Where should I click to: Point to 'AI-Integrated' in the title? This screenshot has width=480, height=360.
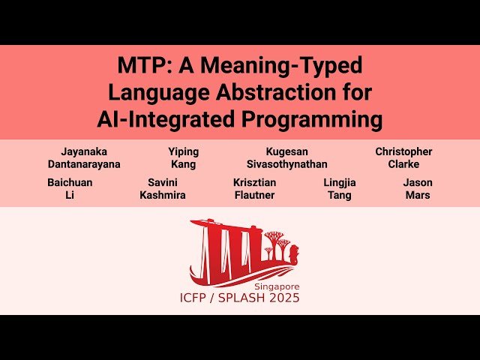[157, 119]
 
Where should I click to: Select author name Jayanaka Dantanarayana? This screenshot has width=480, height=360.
[84, 157]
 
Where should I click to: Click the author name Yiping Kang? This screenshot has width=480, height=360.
[184, 157]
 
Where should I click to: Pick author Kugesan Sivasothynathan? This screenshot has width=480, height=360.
[286, 157]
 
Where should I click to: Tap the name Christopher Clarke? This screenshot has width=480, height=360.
[403, 157]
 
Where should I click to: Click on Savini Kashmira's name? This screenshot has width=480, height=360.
[163, 189]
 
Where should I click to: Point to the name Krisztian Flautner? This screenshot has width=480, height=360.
[253, 189]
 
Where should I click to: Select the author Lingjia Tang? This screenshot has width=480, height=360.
[340, 189]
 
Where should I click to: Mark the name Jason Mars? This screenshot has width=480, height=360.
[418, 189]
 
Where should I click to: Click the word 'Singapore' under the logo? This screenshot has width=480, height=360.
[276, 286]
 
